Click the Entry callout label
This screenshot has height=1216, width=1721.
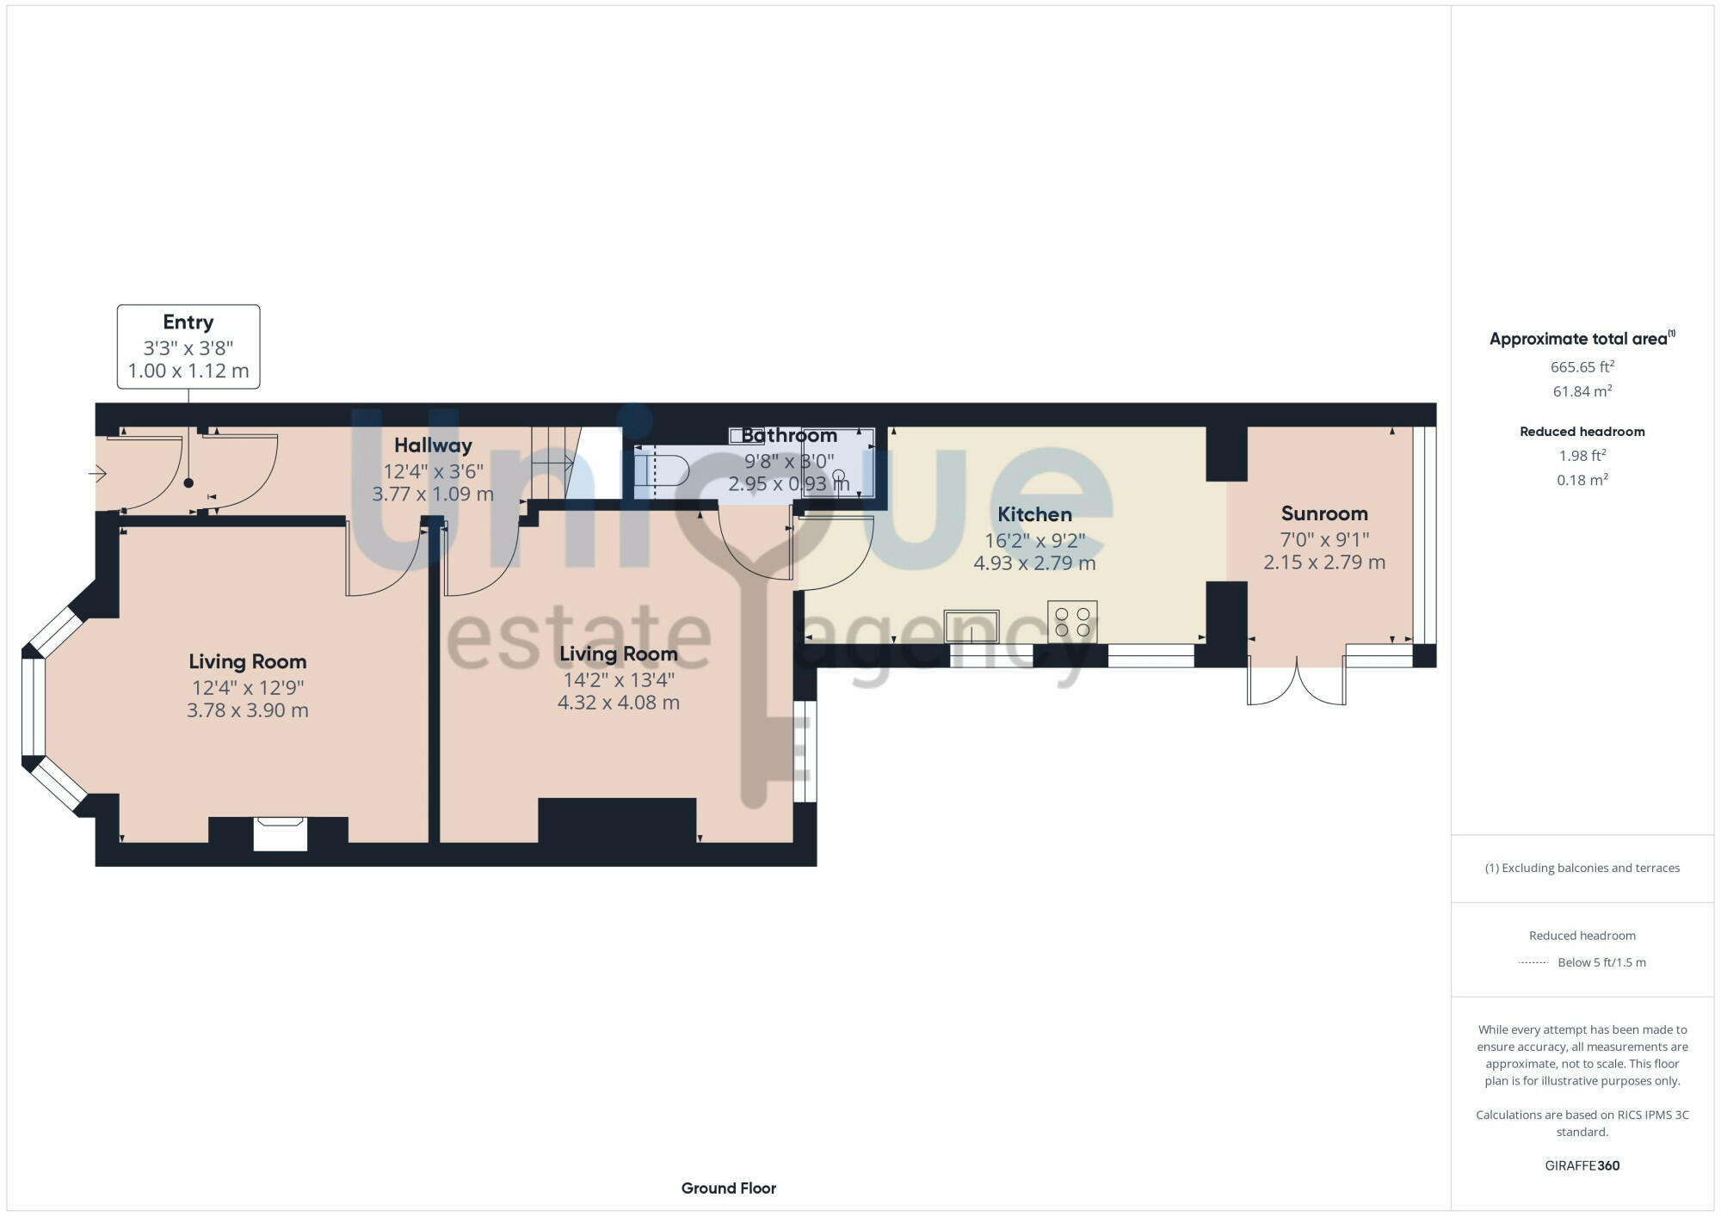tap(188, 322)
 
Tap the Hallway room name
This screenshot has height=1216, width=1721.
tap(433, 445)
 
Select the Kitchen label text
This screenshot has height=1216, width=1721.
tap(1034, 514)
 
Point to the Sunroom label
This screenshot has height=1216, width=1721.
tap(1324, 513)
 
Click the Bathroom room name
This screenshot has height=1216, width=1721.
tap(789, 435)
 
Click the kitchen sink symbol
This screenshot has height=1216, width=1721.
tap(972, 626)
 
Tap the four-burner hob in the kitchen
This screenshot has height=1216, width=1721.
tap(1072, 622)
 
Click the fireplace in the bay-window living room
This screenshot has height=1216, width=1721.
tap(281, 833)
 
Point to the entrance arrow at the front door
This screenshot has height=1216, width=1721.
tap(97, 473)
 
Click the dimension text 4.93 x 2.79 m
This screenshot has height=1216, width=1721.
tap(1034, 563)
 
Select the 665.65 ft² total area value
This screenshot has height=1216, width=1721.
tap(1582, 367)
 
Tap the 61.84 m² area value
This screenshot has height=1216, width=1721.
tap(1582, 391)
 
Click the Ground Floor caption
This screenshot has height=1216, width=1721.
tap(729, 1188)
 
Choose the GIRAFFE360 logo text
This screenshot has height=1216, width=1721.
tap(1582, 1166)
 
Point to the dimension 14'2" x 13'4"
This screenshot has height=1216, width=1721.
tap(619, 679)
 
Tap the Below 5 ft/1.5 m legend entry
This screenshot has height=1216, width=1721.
tap(1601, 962)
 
